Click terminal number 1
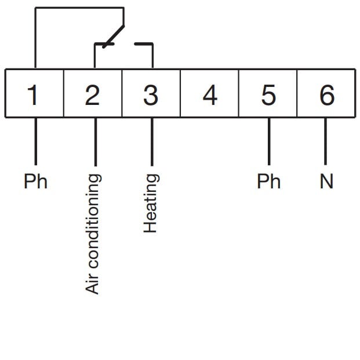coord(34,94)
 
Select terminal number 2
coord(92,94)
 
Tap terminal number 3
coord(151,94)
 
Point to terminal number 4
coord(210,94)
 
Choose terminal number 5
coord(268,94)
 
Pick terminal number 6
coord(327,94)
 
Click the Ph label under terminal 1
coord(35,181)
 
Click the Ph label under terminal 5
coord(268,181)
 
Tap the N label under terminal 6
coord(327,181)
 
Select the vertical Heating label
coord(151,203)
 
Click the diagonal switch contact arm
coord(114,35)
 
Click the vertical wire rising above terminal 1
coord(35,38)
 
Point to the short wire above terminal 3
coord(152,56)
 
